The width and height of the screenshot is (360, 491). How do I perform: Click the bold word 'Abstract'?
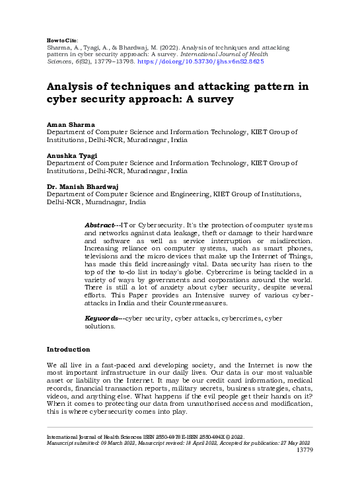pyautogui.click(x=102, y=226)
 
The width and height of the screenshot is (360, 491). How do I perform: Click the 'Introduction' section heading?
pyautogui.click(x=68, y=349)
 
